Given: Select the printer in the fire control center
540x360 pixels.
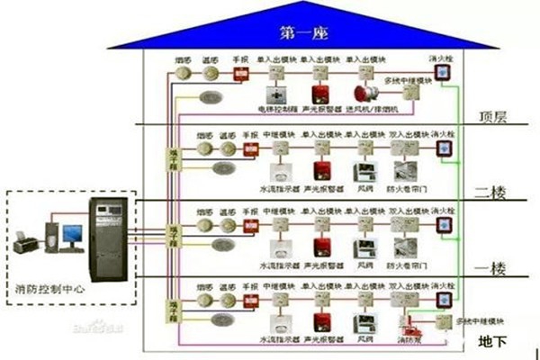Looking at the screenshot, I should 25,240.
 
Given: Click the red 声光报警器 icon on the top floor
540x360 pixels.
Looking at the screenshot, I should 319,94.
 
